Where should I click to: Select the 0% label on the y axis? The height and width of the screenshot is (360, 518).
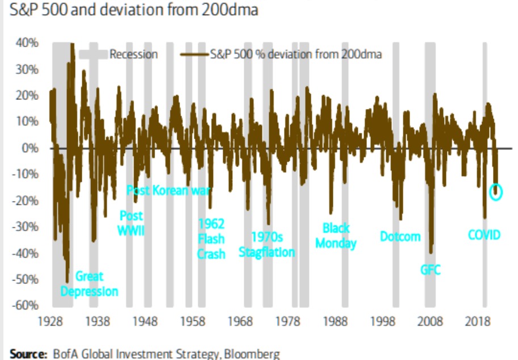(x=29, y=148)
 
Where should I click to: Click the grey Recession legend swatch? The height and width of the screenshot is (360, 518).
(x=92, y=55)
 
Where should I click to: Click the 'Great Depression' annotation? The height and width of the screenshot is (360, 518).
(x=89, y=284)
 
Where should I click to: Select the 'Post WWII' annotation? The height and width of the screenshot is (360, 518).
(x=132, y=223)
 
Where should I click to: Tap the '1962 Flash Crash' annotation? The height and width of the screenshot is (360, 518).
(x=211, y=238)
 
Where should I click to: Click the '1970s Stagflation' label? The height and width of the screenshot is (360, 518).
(x=267, y=245)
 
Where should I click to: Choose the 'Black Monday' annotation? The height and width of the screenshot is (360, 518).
(x=336, y=236)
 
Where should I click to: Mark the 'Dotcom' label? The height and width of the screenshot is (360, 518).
(x=400, y=236)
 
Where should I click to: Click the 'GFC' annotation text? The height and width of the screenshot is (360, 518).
(x=430, y=270)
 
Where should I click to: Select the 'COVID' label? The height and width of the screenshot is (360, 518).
(x=484, y=234)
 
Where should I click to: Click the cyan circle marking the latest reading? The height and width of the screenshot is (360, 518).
(x=496, y=191)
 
